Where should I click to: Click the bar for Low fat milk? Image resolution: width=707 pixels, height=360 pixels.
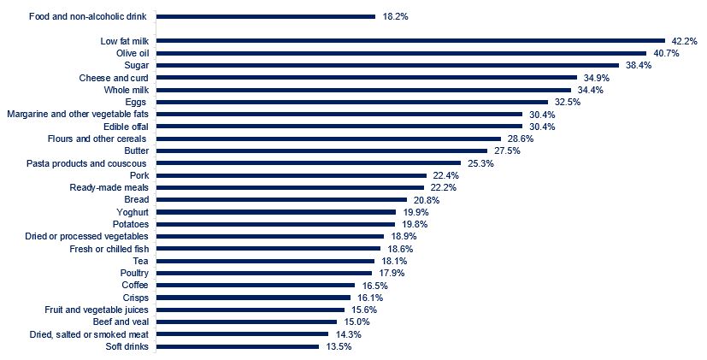pos(410,40)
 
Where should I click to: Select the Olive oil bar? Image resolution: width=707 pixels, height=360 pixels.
pos(402,53)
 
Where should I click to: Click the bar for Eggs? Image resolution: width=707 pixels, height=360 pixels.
pos(352,102)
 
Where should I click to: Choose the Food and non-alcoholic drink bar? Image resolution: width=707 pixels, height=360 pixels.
pos(266,16)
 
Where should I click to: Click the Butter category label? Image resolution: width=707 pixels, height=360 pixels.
pos(136,150)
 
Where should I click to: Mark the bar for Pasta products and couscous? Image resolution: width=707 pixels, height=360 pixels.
pos(309,162)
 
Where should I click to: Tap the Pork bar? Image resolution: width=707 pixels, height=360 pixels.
pos(291,175)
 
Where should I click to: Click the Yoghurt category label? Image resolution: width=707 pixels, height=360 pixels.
pos(133,212)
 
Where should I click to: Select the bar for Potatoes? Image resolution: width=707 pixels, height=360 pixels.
pos(276,224)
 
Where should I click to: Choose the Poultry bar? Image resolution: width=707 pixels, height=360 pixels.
pos(265,273)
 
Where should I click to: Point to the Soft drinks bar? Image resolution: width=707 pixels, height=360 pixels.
pos(238,346)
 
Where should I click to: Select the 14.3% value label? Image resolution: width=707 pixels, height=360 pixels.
pos(348,334)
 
